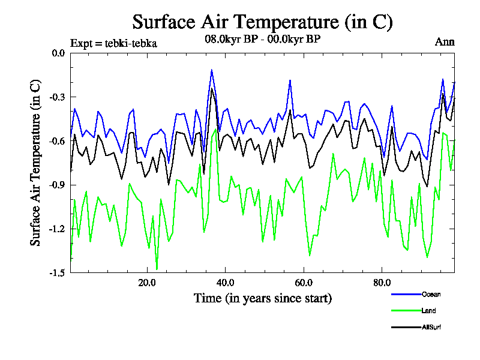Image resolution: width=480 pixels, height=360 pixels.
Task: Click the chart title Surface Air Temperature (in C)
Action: coord(262,22)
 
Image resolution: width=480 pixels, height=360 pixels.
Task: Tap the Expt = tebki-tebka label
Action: coord(113,43)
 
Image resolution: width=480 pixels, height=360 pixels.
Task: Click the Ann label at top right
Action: coord(445,42)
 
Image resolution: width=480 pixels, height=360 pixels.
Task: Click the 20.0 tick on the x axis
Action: coord(147,283)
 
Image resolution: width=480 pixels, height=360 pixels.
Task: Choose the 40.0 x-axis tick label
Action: coord(225,283)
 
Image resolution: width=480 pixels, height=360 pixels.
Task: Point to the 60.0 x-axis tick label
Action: coord(304,283)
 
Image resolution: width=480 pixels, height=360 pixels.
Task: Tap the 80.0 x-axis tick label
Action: coord(382,283)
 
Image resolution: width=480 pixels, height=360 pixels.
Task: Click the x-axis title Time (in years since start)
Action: coord(262,298)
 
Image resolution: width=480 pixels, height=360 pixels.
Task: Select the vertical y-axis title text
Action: coord(37,163)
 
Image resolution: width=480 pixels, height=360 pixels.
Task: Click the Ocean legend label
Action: coord(431,294)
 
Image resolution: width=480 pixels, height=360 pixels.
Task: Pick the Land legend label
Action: coord(428,311)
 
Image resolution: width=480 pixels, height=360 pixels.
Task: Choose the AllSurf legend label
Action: coord(431,328)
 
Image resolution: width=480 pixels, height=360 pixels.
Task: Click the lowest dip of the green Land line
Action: coord(157,269)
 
